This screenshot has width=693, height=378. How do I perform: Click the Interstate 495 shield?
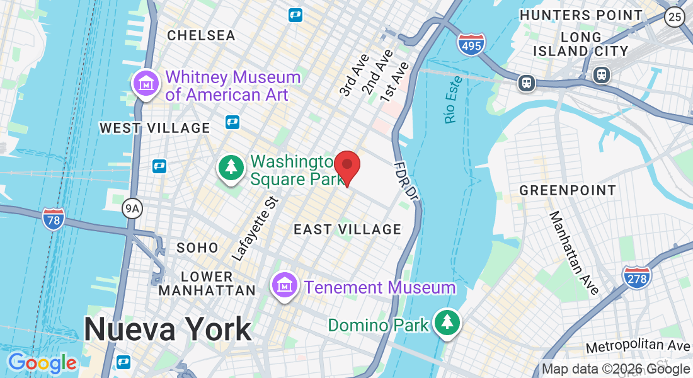tap(471, 43)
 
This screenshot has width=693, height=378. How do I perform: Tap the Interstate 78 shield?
tap(54, 219)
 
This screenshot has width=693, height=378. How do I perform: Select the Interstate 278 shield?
tap(636, 277)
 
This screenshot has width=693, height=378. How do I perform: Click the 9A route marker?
tap(132, 207)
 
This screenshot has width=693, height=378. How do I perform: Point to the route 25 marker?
tap(675, 17)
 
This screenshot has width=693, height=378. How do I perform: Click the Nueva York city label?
tap(168, 329)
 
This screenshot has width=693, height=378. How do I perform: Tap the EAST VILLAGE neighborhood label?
tap(348, 230)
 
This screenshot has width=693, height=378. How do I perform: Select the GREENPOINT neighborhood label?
tap(568, 190)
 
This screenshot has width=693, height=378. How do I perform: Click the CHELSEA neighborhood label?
tap(202, 35)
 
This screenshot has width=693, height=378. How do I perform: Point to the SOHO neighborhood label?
tap(197, 248)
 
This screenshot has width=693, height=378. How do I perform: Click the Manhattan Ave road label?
tap(574, 253)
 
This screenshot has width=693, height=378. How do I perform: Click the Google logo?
tap(42, 363)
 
